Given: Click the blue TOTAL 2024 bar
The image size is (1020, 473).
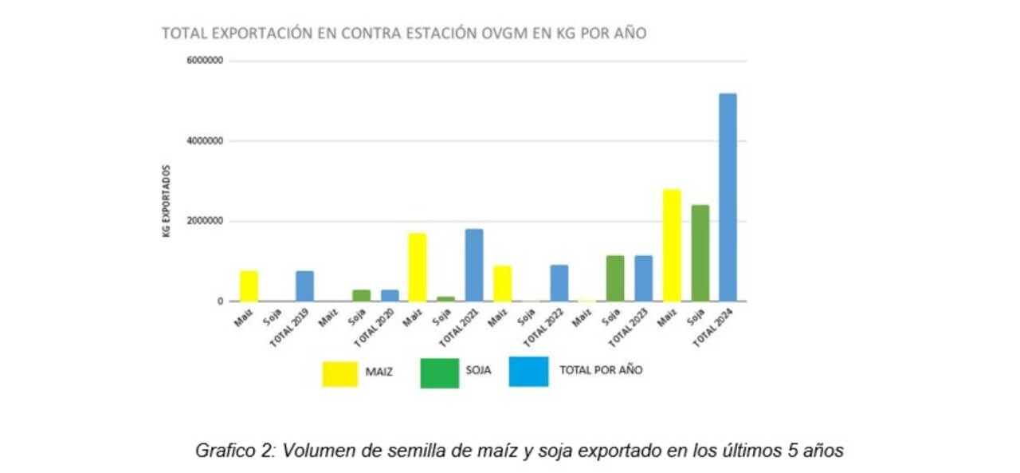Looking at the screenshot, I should click(x=728, y=198).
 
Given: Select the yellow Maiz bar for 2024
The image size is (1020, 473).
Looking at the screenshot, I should click(x=672, y=246).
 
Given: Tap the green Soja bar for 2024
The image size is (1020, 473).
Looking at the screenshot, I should click(x=700, y=254).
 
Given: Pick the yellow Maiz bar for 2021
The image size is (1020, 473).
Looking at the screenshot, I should click(x=418, y=267).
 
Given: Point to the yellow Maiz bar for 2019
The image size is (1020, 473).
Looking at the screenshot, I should click(x=249, y=286).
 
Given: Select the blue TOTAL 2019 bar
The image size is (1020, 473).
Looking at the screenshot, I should click(x=305, y=286).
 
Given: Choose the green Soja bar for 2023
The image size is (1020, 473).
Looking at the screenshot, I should click(x=614, y=278).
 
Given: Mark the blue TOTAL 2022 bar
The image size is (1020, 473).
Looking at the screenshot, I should click(x=559, y=283).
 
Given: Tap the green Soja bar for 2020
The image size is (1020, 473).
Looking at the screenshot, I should click(x=362, y=295).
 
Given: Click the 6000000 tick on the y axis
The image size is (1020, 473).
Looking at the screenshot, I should click(x=206, y=61).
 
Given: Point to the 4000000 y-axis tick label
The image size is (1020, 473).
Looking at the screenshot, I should click(x=206, y=141).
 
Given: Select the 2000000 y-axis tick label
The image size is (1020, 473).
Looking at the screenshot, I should click(x=206, y=222).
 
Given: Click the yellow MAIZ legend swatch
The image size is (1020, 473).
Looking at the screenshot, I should click(x=340, y=373).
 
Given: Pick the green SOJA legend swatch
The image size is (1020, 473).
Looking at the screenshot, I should click(x=439, y=372).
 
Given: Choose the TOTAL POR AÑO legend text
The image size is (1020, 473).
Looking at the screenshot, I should click(x=601, y=371).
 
